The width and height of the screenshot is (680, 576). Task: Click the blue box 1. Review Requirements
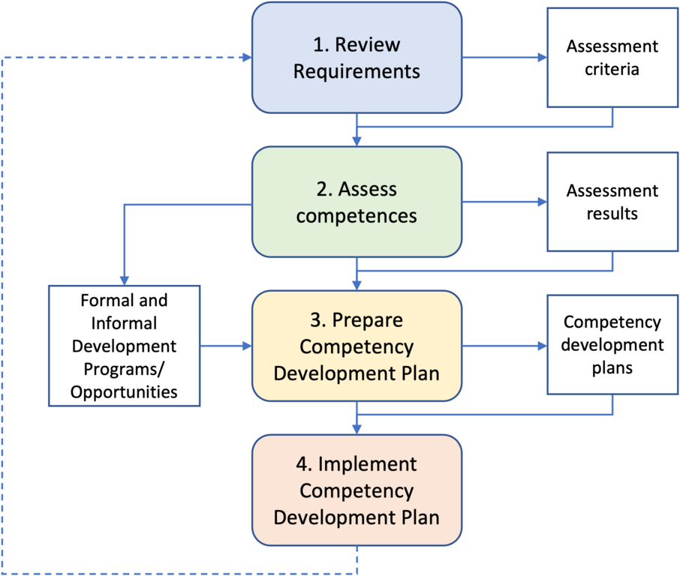coord(357,58)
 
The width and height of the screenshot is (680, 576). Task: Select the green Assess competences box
coord(357,202)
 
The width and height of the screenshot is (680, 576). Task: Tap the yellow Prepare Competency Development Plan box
coord(357,346)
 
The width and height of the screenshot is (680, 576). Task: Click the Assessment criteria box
coord(612,58)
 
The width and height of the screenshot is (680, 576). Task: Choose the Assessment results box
coord(612,202)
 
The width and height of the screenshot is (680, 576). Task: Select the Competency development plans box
coord(612,345)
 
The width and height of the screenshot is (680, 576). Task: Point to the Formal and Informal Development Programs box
coord(125,346)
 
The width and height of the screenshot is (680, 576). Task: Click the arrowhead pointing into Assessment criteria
coord(540,58)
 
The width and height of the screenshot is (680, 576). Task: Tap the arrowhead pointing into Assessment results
coord(540,202)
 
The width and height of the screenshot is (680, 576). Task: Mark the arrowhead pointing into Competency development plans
coord(540,346)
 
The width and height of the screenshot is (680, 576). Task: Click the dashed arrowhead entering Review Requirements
coord(246,58)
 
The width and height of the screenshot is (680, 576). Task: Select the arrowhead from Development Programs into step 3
coord(246,346)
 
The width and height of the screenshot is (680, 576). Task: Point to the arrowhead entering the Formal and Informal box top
coord(124,278)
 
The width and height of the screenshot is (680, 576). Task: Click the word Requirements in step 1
coord(357,72)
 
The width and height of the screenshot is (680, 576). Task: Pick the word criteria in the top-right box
coord(612,70)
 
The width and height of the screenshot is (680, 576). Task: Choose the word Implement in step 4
coord(367,464)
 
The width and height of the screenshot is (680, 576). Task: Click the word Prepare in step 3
coord(367,320)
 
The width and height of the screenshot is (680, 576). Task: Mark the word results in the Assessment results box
coord(612,214)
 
